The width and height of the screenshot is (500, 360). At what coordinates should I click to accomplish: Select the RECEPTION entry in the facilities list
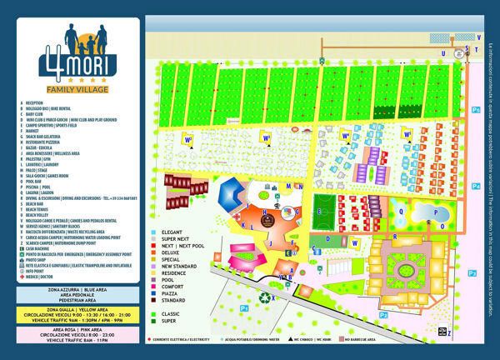point(38,105)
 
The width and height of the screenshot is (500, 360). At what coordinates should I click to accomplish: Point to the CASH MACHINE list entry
point(42,247)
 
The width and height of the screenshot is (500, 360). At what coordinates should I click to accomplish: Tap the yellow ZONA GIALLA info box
point(76,314)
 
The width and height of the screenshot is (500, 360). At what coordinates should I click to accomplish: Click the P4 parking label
point(475,110)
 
